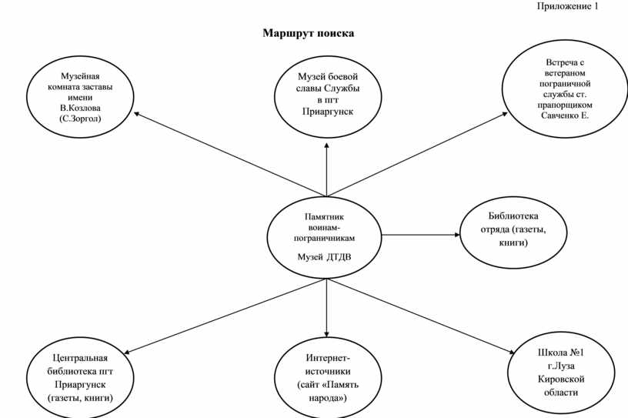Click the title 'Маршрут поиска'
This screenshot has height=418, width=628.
point(308,34)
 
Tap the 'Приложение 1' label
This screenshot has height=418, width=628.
point(567,6)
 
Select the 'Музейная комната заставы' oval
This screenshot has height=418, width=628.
point(80,99)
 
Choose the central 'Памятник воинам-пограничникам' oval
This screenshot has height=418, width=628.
point(326,236)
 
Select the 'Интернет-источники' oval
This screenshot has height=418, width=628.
point(328,378)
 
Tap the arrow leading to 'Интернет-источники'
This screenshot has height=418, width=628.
point(327,307)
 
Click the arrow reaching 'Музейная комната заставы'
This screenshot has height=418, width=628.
point(230,155)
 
